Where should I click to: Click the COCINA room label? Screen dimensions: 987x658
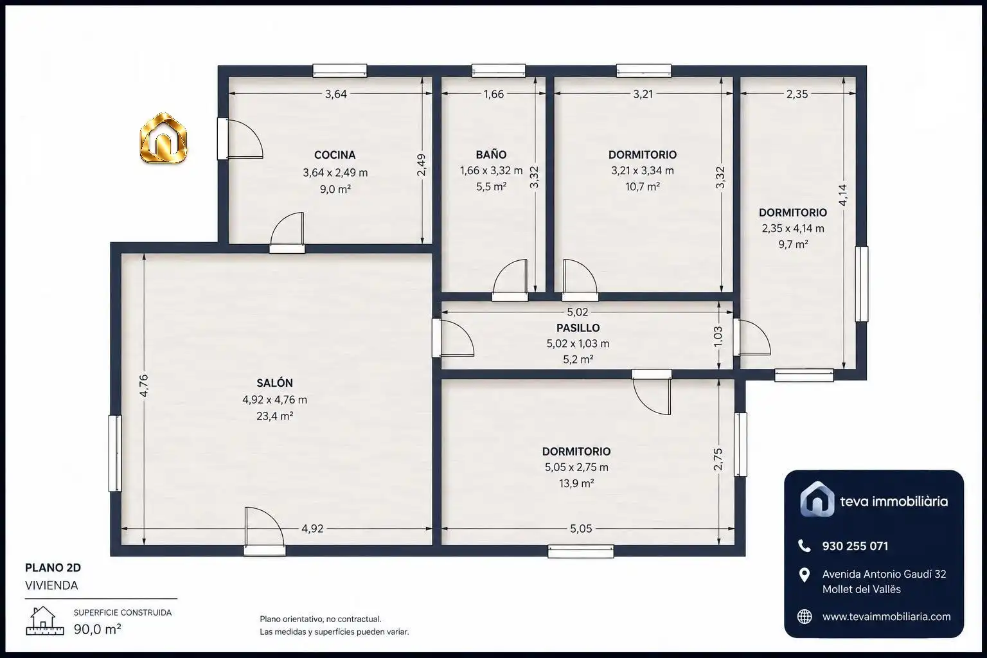click(x=334, y=155)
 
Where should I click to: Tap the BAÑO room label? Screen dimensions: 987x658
click(x=491, y=154)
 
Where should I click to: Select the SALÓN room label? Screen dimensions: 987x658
click(x=274, y=382)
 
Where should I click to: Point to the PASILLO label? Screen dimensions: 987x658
click(x=578, y=328)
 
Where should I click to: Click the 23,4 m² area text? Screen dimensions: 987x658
click(x=274, y=416)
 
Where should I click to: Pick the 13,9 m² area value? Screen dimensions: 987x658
click(x=576, y=483)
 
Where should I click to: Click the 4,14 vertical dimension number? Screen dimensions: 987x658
click(x=842, y=195)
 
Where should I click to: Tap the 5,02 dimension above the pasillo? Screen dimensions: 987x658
click(x=577, y=312)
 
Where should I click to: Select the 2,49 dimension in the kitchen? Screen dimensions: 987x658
click(x=422, y=165)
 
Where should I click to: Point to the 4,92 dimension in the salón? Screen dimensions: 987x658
click(x=312, y=528)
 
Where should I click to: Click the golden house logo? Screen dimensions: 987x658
click(x=163, y=138)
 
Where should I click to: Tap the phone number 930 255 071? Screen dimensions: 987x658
click(x=855, y=546)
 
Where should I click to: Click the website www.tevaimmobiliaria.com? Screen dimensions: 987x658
click(x=886, y=617)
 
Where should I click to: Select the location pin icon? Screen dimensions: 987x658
click(x=804, y=575)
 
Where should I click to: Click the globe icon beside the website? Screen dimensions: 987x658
click(x=805, y=617)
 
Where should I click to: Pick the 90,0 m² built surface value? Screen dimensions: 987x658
click(x=98, y=629)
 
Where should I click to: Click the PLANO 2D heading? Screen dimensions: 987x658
click(x=53, y=567)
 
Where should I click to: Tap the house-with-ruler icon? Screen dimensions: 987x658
click(x=44, y=621)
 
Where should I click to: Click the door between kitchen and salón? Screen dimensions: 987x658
click(x=287, y=233)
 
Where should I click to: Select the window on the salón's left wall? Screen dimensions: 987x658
click(x=115, y=453)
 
